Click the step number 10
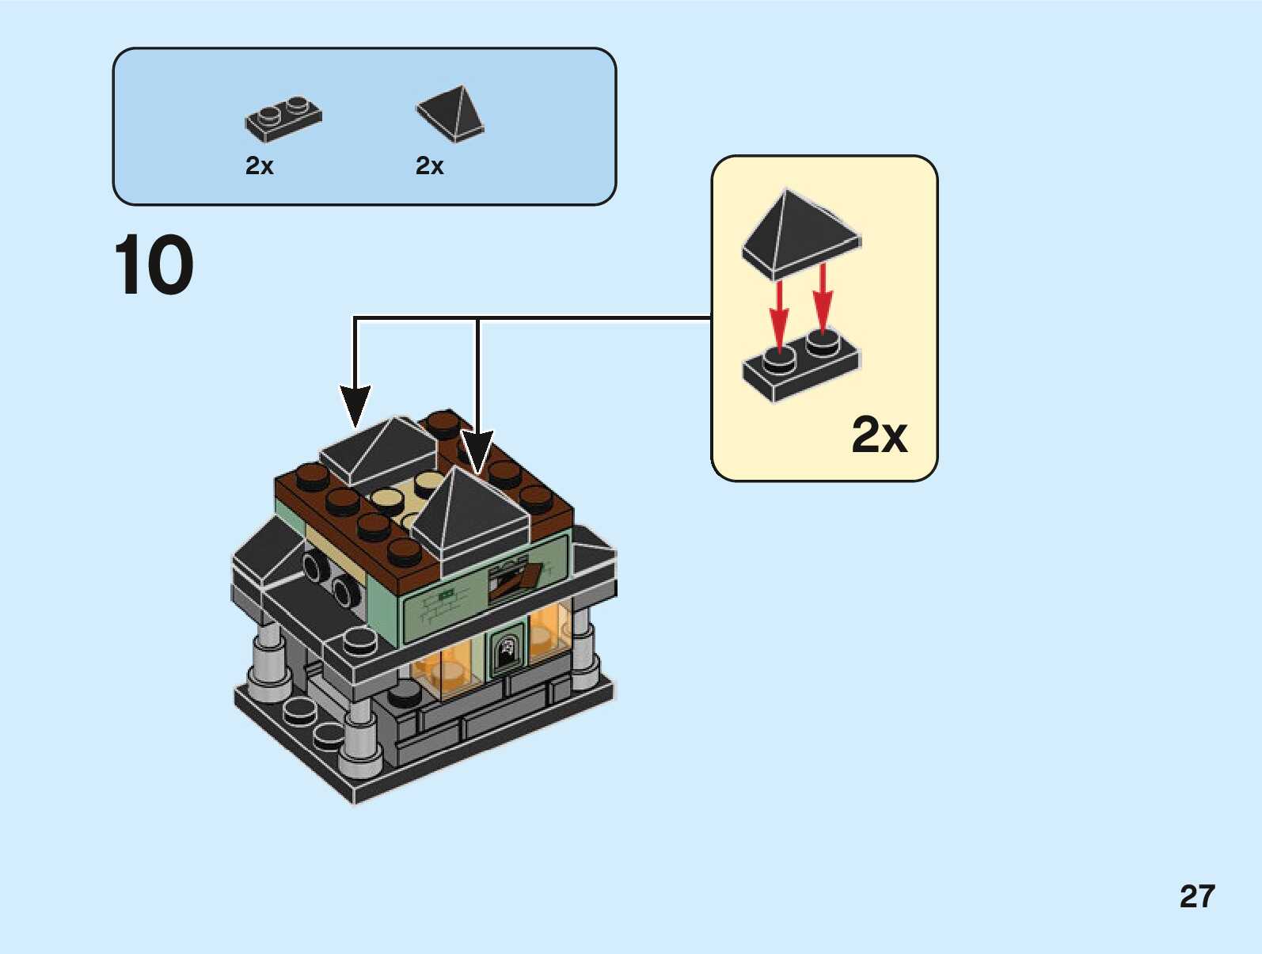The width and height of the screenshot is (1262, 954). pyautogui.click(x=154, y=265)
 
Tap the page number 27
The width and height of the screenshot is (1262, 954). pyautogui.click(x=1196, y=896)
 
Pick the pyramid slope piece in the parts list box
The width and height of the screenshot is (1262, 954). pyautogui.click(x=451, y=114)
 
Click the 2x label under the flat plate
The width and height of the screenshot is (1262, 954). pyautogui.click(x=259, y=165)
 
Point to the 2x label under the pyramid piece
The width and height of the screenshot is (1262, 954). pyautogui.click(x=429, y=165)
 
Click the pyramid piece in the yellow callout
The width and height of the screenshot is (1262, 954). pyautogui.click(x=800, y=233)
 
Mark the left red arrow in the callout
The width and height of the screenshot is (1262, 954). pyautogui.click(x=779, y=312)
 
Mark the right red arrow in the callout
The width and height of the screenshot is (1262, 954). pyautogui.click(x=823, y=299)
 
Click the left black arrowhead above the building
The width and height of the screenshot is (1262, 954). pyautogui.click(x=355, y=404)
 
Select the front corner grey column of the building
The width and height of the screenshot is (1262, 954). pyautogui.click(x=360, y=736)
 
